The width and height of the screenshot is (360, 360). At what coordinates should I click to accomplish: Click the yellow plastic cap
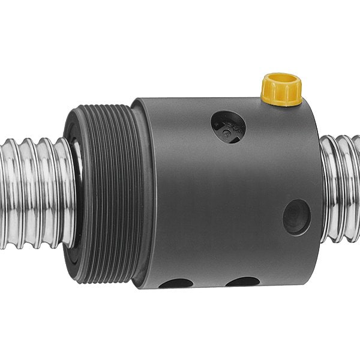(281, 88)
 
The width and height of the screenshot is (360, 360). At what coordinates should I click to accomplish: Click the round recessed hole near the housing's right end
(296, 217)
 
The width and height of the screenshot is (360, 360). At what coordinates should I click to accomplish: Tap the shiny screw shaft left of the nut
(33, 192)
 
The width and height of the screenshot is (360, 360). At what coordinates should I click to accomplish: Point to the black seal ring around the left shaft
(76, 192)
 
